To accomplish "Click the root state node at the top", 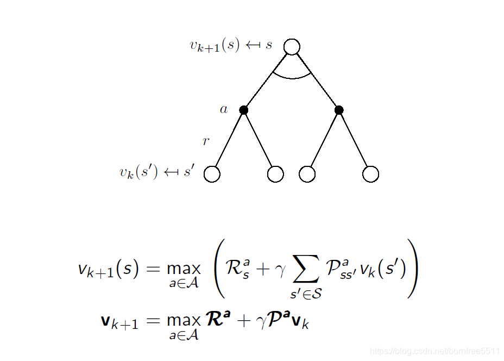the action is tap(292, 47).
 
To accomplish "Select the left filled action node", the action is tap(244, 110).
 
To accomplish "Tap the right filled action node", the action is tap(339, 110).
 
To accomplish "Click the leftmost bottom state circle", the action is tap(212, 174).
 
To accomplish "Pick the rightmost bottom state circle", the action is tap(370, 174).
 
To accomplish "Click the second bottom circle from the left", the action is tap(275, 174).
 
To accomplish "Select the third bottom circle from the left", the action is tap(307, 174).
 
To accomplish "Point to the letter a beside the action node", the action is tap(224, 109).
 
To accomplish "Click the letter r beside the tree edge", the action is tap(206, 141).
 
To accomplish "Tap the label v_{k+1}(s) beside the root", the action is tap(215, 45).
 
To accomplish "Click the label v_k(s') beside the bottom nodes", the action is tap(138, 172).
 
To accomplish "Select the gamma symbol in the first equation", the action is tap(280, 270).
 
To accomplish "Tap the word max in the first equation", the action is tap(184, 269).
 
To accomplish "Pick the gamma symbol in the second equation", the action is tap(261, 322).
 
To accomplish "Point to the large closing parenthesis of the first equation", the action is tap(414, 269).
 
